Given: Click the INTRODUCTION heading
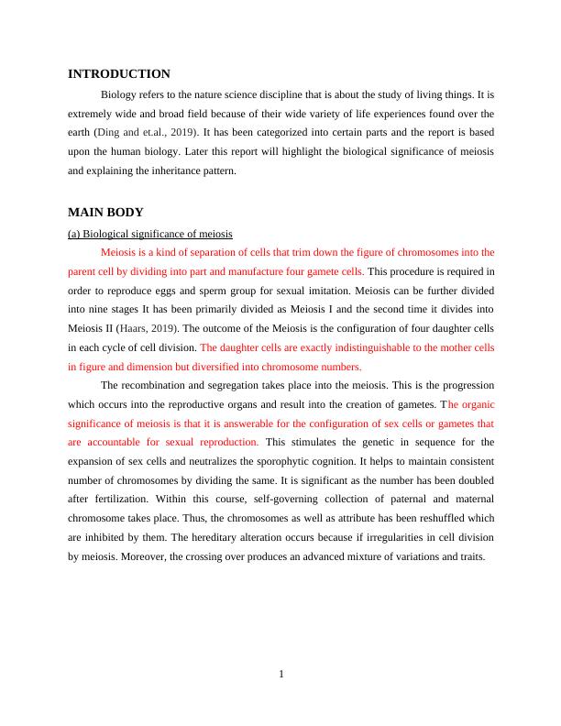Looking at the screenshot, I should pyautogui.click(x=119, y=74).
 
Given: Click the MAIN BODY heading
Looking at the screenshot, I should pyautogui.click(x=105, y=213).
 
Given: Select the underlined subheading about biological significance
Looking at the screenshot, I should pyautogui.click(x=150, y=233).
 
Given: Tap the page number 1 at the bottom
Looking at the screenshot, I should pyautogui.click(x=281, y=676).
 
